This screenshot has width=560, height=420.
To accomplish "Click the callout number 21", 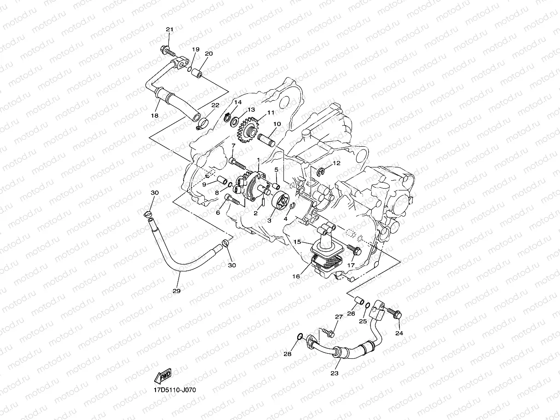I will point(169,30).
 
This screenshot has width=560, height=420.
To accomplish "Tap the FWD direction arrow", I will point(163,376).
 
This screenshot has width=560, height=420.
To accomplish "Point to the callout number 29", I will point(176,291).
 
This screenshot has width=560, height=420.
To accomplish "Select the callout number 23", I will point(335,373).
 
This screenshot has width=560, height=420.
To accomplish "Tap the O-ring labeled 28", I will point(300,336).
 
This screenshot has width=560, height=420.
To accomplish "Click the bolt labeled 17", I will point(355,250).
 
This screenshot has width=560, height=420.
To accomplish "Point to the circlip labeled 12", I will point(321,172).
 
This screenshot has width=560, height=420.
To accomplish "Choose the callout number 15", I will point(297,242).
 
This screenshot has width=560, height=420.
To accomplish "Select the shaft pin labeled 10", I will point(267,139).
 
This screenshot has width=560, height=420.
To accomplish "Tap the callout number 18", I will point(155,115).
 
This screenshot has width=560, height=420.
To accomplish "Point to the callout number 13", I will point(251,110).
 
